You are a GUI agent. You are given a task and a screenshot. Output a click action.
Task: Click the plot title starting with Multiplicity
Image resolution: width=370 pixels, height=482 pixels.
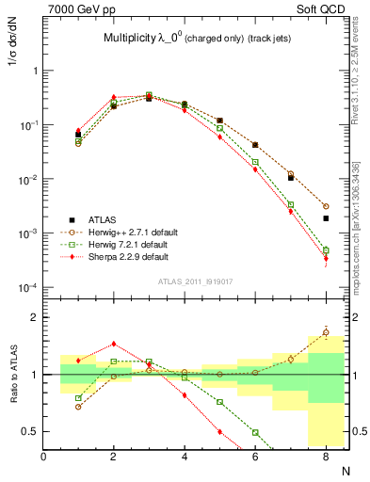coord(198,39)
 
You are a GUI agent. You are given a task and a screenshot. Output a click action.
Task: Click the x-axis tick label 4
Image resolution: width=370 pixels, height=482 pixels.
coord(185,457)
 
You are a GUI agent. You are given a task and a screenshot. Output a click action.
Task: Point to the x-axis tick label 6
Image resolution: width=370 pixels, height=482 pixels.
coord(255,457)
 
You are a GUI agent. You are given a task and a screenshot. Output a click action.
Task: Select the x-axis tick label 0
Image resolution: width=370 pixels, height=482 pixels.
coord(43,457)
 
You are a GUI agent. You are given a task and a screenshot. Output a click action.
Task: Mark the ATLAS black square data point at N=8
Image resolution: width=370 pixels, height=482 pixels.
coord(326,218)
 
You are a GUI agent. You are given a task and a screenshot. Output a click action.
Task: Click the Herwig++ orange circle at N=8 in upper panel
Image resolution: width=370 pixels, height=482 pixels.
coord(326,205)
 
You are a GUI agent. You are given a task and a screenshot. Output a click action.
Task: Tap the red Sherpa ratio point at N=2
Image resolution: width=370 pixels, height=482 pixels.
coord(114,344)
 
